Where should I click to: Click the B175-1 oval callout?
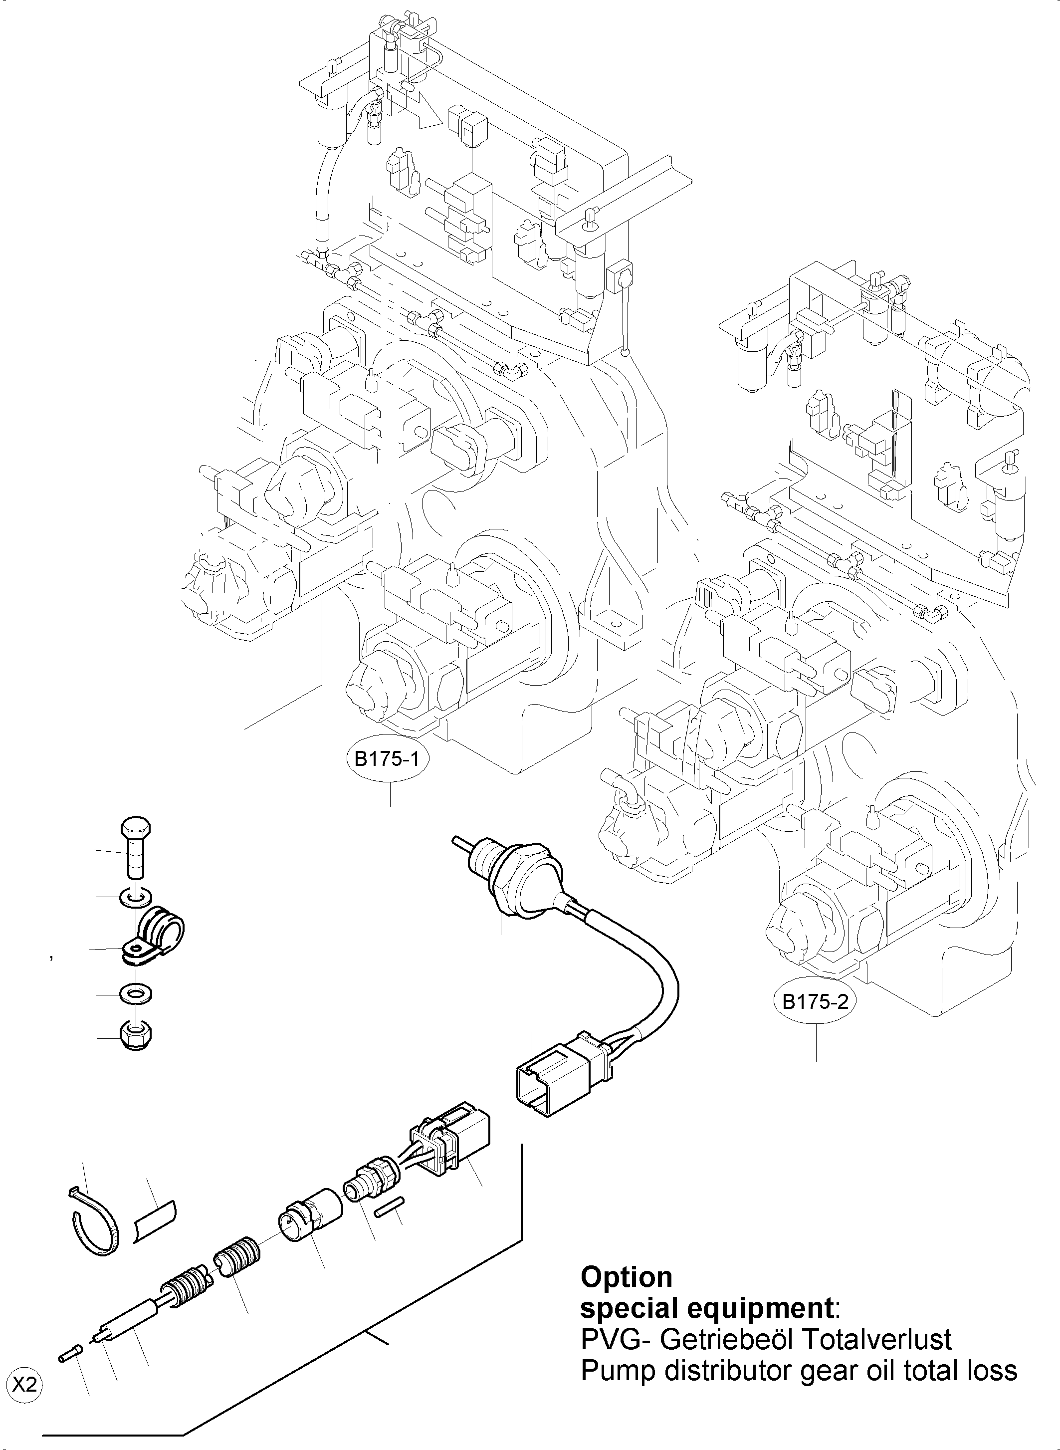tap(387, 759)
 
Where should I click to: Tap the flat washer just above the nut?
tap(135, 995)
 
